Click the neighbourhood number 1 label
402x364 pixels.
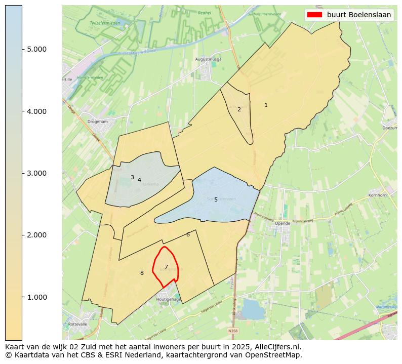tap(266, 105)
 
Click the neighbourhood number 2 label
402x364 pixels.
tap(239, 109)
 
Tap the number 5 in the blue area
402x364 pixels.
tap(216, 200)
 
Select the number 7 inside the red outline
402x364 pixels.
tap(166, 267)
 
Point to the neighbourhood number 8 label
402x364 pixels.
tap(142, 273)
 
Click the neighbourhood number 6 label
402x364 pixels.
tap(188, 234)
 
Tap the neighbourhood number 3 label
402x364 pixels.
tap(132, 177)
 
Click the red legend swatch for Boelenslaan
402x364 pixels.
tap(315, 15)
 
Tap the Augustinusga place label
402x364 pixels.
tap(208, 59)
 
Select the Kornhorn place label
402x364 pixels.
tap(378, 195)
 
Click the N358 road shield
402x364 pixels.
tap(232, 331)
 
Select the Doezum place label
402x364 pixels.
tap(390, 128)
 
